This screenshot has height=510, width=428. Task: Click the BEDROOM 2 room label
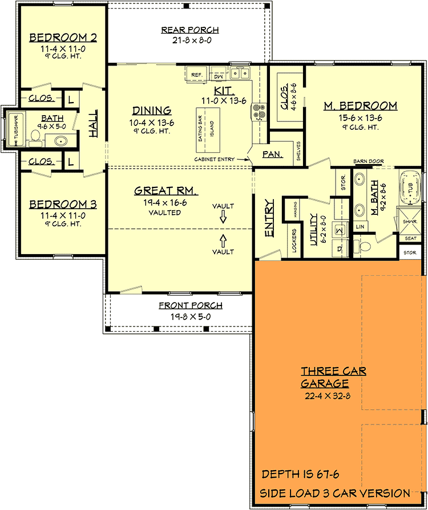(63, 38)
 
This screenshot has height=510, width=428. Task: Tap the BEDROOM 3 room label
(63, 204)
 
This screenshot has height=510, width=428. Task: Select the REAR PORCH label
(190, 30)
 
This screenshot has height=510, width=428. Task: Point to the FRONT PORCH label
(191, 305)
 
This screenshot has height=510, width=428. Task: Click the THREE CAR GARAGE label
(334, 377)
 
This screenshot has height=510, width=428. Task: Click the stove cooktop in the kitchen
(259, 112)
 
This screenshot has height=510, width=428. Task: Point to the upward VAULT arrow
(223, 240)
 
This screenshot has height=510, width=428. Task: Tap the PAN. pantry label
(270, 154)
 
